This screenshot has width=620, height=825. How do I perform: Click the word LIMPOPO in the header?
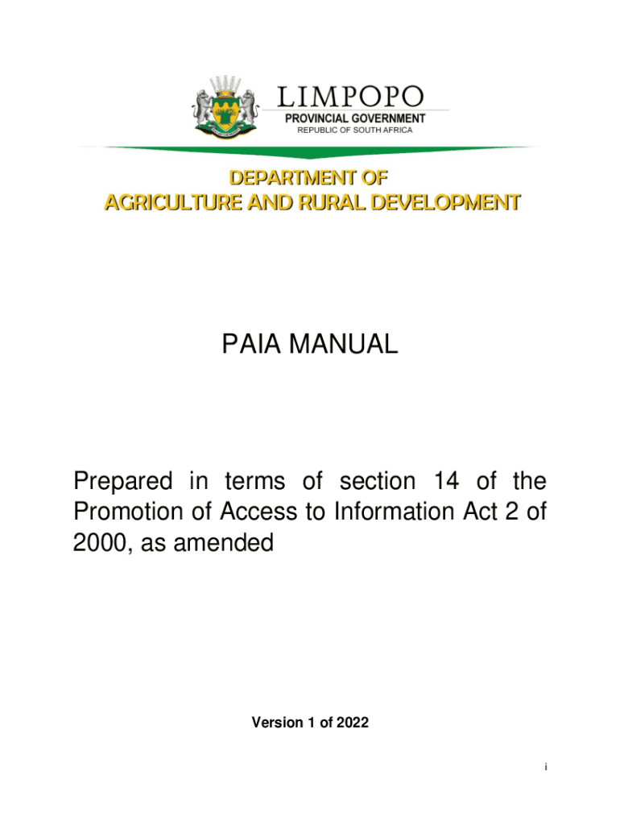tap(350, 97)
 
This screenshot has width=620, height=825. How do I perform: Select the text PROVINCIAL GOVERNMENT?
tap(356, 118)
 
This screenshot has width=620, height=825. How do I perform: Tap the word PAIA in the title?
tap(250, 345)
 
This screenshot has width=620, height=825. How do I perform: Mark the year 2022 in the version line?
tap(353, 723)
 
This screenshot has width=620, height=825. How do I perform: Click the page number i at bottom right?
tap(545, 768)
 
